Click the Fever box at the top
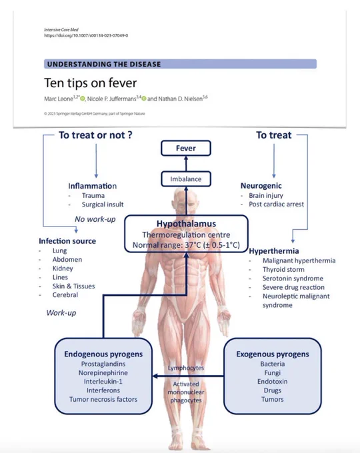[x=185, y=148]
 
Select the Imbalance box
[x=185, y=179]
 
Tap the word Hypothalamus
[x=186, y=224]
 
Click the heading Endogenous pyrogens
[x=103, y=354]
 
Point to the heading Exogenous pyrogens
[x=273, y=354]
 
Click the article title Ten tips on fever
[x=90, y=83]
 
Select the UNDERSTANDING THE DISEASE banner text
[x=104, y=64]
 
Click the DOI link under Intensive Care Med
[x=86, y=35]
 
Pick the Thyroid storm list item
[x=283, y=270]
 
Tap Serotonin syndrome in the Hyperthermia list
[x=293, y=278]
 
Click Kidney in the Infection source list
[x=63, y=268]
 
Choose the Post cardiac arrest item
[x=276, y=205]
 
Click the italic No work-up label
[x=95, y=219]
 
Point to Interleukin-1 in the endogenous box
[x=103, y=382]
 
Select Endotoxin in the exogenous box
[x=273, y=382]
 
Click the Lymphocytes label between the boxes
[x=185, y=368]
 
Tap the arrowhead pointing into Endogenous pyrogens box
[x=155, y=376]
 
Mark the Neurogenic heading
[x=261, y=186]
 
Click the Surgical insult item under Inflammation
[x=103, y=205]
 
